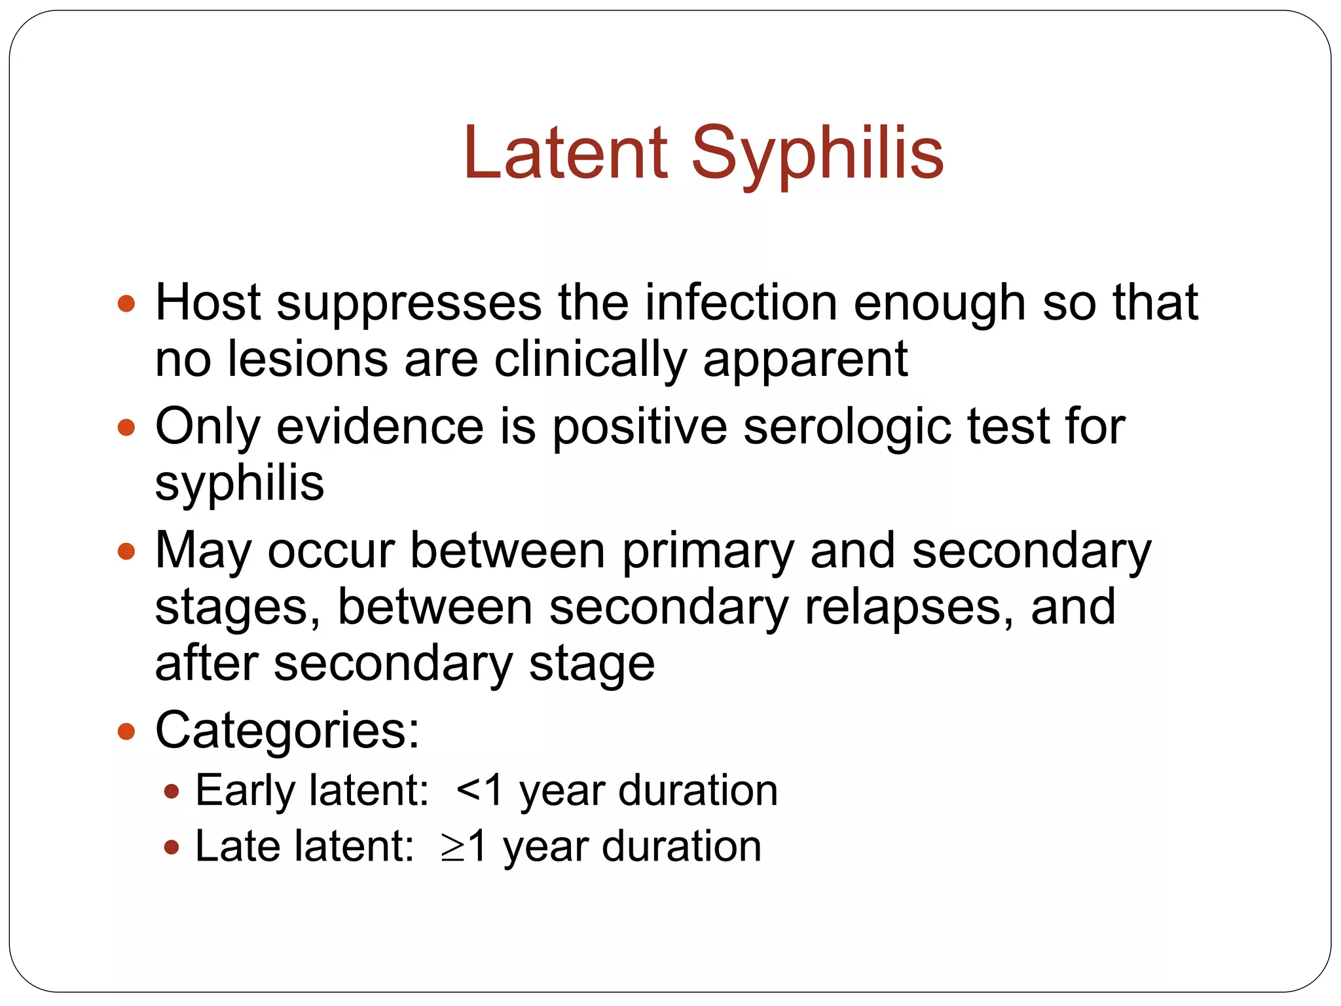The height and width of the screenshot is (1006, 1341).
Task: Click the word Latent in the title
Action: pyautogui.click(x=565, y=153)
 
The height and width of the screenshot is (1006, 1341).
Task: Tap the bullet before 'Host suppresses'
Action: pyautogui.click(x=126, y=304)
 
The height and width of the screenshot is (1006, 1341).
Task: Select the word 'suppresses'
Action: pyautogui.click(x=409, y=304)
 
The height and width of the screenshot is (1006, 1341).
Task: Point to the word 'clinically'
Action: pyautogui.click(x=590, y=362)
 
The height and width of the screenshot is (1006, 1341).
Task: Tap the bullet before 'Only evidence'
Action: pyautogui.click(x=126, y=428)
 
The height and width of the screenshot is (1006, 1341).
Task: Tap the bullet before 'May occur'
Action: pyautogui.click(x=126, y=551)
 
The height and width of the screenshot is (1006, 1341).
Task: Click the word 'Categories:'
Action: pyautogui.click(x=287, y=731)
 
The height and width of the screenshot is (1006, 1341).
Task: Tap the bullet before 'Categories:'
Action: pyautogui.click(x=126, y=731)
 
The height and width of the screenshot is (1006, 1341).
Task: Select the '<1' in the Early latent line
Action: pyautogui.click(x=480, y=790)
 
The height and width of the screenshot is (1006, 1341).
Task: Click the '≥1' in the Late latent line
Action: pyautogui.click(x=464, y=847)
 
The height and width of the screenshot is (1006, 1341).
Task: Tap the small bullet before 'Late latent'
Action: pyautogui.click(x=172, y=848)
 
